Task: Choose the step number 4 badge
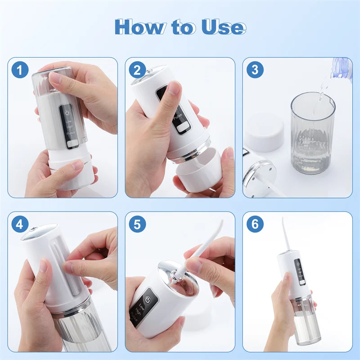(x=20, y=224)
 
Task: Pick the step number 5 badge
(x=137, y=224)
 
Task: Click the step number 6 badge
(x=255, y=224)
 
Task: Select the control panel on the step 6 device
(x=299, y=272)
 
